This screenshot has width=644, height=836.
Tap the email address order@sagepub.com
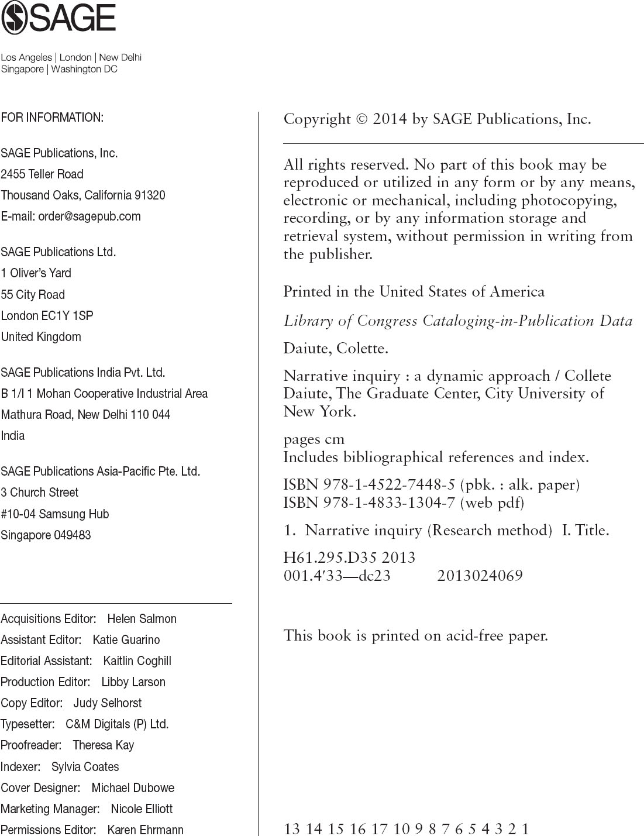pos(89,216)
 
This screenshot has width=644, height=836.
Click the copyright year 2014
pos(390,119)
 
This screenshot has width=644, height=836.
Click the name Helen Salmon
pos(142,619)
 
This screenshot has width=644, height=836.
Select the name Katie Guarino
pos(126,640)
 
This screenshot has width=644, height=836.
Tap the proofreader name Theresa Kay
pos(103,745)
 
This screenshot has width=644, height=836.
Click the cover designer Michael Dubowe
pos(133,788)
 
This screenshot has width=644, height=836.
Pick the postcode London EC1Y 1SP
pos(47,316)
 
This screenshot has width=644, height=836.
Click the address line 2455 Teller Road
pos(42,174)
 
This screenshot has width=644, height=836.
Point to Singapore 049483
pos(46,535)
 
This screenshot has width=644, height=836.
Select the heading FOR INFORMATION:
pos(52,118)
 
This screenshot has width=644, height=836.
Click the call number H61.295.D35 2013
pos(349,558)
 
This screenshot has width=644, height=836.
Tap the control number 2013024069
pos(480,576)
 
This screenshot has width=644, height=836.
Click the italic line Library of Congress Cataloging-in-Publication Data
pos(458,321)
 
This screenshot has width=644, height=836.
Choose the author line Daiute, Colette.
pos(336,349)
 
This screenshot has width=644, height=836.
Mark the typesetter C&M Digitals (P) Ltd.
pos(117,724)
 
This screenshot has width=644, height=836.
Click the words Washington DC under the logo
pos(84,69)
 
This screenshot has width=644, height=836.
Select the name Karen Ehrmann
pos(145,830)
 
